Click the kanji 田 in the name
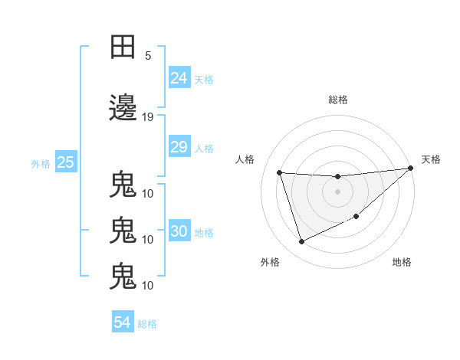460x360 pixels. click(x=123, y=47)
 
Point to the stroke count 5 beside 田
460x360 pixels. click(x=148, y=56)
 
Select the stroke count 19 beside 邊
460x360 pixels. click(x=148, y=117)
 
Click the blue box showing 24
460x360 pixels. click(x=179, y=77)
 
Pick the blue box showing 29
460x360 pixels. click(x=179, y=147)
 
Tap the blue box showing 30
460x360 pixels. click(x=179, y=231)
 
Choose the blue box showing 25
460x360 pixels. click(x=65, y=162)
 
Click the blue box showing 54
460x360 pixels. click(x=123, y=322)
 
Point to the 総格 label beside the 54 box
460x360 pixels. click(x=147, y=324)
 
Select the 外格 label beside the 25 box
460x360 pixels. click(x=41, y=163)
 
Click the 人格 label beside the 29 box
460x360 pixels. click(x=204, y=148)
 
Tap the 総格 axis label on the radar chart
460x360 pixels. click(x=338, y=100)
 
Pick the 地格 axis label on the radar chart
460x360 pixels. click(x=402, y=262)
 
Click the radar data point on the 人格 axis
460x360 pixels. click(x=280, y=172)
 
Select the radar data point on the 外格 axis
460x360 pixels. click(x=301, y=242)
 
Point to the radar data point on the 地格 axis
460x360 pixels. click(x=356, y=217)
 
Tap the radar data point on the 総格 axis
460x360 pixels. click(x=337, y=177)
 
